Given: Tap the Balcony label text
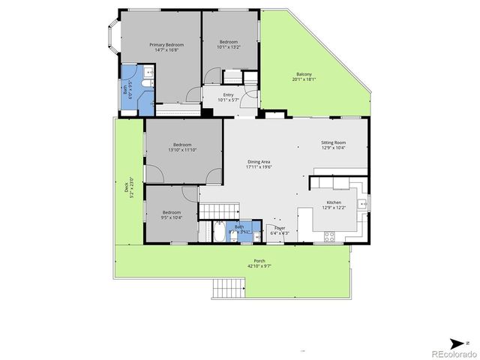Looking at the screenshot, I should click(x=304, y=73).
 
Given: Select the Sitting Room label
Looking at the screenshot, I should click(x=333, y=142).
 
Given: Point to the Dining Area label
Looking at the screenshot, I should click(x=259, y=162).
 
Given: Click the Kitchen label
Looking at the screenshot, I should click(x=333, y=202).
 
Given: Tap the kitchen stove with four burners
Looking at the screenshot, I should click(x=328, y=237).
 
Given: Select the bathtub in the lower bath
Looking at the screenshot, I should click(x=218, y=232).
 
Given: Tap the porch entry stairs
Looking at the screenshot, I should click(x=229, y=288).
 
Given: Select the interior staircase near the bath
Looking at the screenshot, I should click(x=217, y=211).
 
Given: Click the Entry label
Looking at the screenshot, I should click(x=228, y=94).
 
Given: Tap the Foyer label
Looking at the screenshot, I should click(x=280, y=227).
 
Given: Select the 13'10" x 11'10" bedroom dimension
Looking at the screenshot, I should click(x=182, y=150).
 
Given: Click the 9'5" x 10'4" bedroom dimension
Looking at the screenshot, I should click(x=172, y=217).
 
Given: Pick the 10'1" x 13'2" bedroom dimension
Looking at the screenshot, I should click(x=229, y=46).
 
